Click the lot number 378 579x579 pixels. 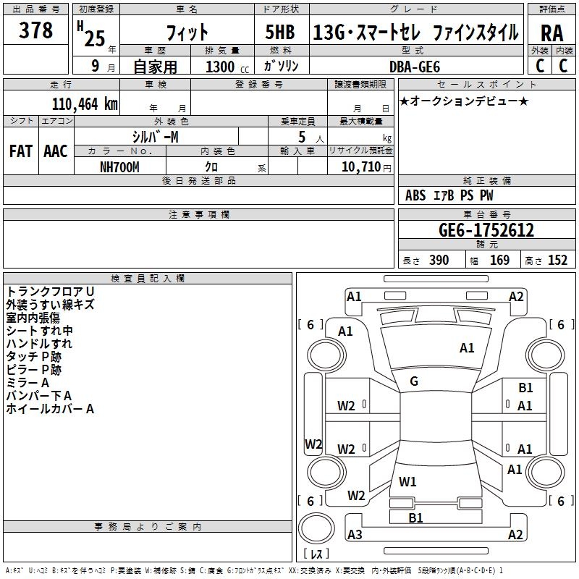(x=36, y=30)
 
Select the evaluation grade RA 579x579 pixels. (x=551, y=34)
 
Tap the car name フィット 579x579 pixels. (x=187, y=33)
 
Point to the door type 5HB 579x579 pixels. (x=279, y=33)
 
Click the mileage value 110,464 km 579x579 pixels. (x=85, y=103)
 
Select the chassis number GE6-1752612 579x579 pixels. (x=486, y=231)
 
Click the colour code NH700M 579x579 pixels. (x=119, y=166)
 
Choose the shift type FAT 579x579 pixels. (x=20, y=151)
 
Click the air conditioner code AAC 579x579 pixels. (x=56, y=151)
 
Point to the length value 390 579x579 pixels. (x=439, y=261)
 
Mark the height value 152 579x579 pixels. (x=557, y=261)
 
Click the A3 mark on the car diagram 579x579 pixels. (x=355, y=535)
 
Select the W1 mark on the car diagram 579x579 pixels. (x=408, y=481)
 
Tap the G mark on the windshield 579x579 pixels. (x=414, y=381)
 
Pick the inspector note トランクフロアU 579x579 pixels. (x=51, y=291)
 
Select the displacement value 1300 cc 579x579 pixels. (x=224, y=67)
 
